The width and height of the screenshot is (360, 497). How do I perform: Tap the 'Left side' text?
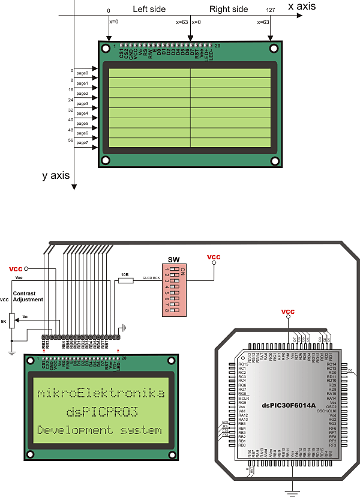[x=148, y=10]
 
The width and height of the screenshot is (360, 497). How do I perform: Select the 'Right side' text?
[x=229, y=10]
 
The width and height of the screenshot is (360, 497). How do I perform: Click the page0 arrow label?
[x=82, y=73]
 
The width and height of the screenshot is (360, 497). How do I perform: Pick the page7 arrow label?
[x=82, y=142]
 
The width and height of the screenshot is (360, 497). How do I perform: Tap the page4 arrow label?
[x=82, y=113]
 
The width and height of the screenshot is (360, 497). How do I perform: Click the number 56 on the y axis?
[x=71, y=139]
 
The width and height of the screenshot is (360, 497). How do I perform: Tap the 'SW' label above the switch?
[x=173, y=259]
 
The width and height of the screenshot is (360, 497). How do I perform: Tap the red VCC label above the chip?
[x=288, y=312]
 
